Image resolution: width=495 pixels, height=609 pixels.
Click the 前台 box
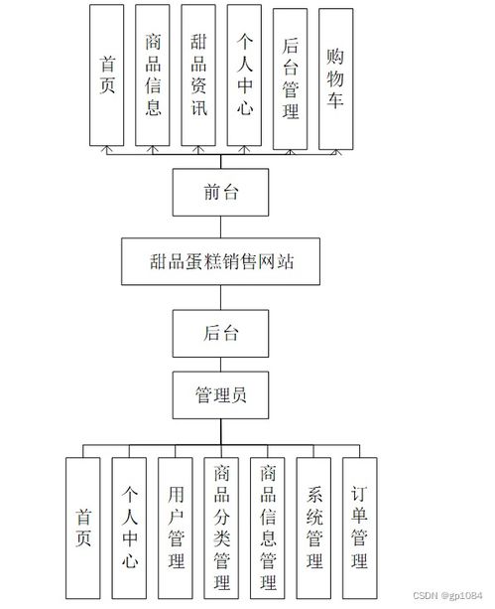click(220, 192)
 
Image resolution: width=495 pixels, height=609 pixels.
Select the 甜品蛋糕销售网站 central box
click(220, 262)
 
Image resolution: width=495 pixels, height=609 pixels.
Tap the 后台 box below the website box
click(220, 333)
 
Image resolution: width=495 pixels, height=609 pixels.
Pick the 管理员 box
click(220, 395)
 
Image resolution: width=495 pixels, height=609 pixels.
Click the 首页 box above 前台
click(108, 75)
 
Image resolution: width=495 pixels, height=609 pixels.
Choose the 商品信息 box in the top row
click(154, 75)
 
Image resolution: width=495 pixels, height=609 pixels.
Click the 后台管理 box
click(291, 76)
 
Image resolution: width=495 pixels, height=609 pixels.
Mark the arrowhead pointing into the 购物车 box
click(336, 153)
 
